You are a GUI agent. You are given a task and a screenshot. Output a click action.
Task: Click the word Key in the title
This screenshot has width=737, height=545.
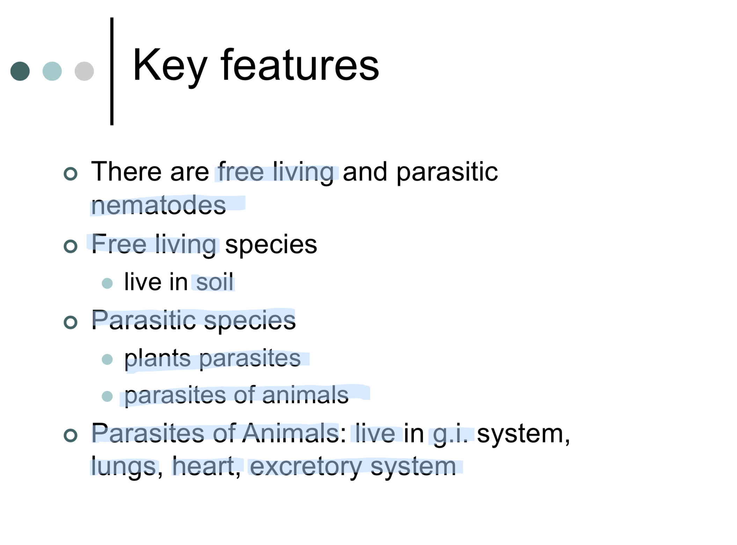click(x=170, y=66)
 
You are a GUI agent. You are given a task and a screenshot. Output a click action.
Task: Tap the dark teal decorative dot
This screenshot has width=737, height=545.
click(x=20, y=71)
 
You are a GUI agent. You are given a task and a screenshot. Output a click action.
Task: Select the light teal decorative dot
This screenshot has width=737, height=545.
click(x=52, y=71)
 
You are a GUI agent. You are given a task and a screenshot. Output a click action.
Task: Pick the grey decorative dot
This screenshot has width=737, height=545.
click(x=84, y=71)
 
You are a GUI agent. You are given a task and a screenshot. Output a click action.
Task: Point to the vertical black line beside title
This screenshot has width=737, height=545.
click(x=112, y=71)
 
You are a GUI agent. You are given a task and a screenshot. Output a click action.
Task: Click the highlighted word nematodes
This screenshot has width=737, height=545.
click(x=158, y=206)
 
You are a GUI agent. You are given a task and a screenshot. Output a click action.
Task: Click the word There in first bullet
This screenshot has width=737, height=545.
click(x=126, y=172)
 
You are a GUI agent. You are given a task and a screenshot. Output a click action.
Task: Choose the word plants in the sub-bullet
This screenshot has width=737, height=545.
click(x=158, y=358)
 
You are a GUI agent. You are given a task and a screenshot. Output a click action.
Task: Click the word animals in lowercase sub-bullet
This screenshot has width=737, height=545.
click(x=305, y=395)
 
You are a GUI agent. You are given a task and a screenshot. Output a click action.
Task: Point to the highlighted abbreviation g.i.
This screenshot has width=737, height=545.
click(x=450, y=434)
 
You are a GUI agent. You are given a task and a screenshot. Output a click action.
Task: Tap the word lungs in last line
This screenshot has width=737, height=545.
click(x=123, y=467)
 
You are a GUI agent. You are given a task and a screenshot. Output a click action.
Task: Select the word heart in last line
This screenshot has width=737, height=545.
click(x=204, y=466)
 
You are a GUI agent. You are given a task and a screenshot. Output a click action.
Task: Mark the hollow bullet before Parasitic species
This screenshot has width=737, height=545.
click(x=71, y=322)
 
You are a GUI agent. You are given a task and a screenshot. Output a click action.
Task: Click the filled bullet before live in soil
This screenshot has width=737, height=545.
click(x=107, y=283)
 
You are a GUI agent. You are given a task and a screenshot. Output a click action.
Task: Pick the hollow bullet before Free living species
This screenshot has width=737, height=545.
click(x=71, y=246)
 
